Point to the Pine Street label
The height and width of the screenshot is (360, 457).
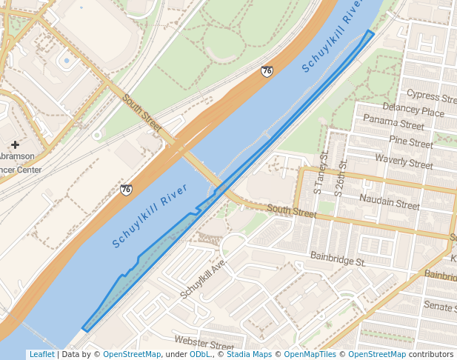(410, 141)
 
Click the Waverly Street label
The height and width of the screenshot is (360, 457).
(404, 161)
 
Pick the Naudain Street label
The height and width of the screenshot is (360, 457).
(389, 201)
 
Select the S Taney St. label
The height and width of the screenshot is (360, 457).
(323, 173)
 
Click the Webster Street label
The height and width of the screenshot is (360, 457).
(204, 343)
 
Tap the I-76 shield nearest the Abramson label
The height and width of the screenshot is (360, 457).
(127, 190)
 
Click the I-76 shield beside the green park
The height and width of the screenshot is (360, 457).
(267, 71)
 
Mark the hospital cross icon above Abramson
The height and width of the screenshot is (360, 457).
(15, 144)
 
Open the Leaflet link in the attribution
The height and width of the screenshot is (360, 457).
(41, 355)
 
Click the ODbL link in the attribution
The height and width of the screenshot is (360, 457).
(200, 355)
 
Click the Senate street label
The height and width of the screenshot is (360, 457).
(440, 306)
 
